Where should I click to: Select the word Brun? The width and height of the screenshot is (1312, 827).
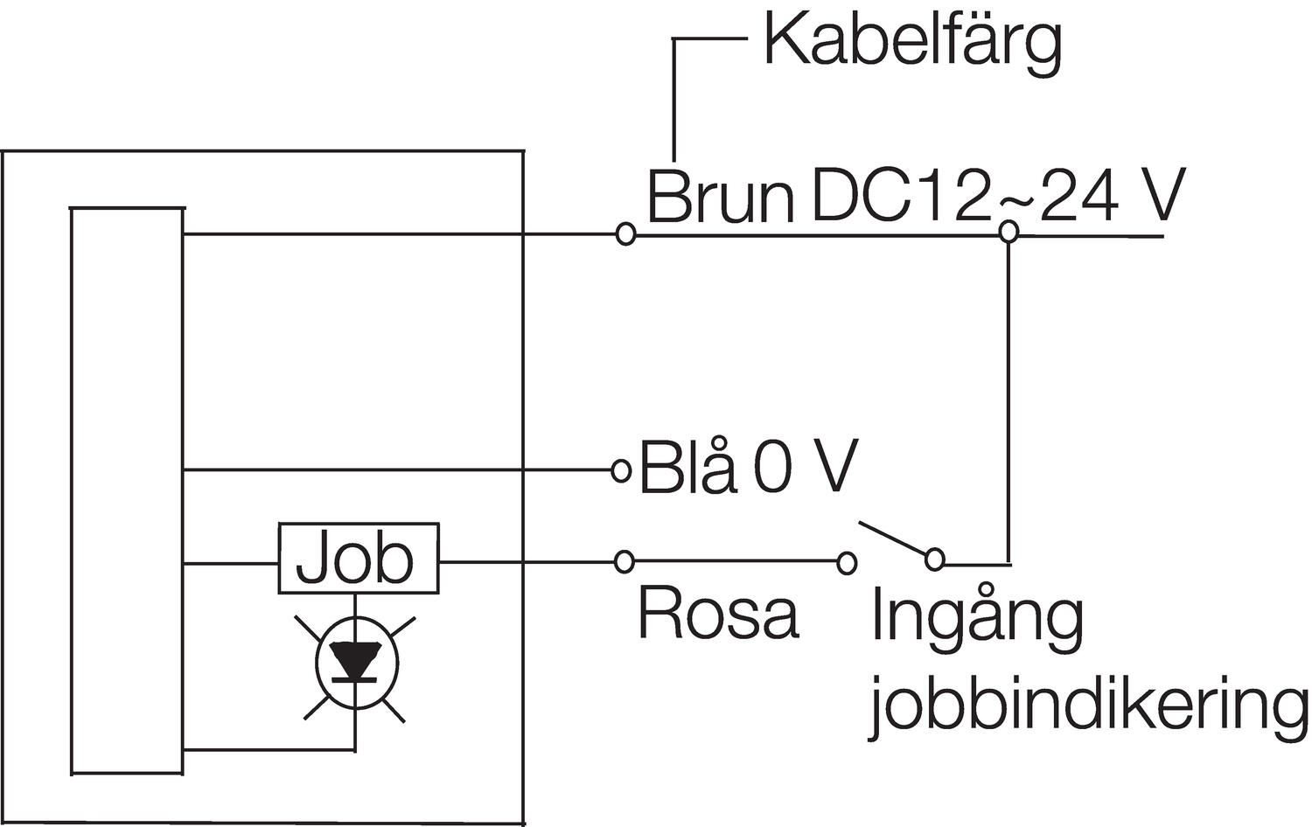click(719, 198)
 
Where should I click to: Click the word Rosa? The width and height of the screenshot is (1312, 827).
click(718, 613)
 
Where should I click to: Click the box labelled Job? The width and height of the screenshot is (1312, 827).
click(358, 559)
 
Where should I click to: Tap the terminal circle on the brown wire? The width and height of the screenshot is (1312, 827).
click(625, 233)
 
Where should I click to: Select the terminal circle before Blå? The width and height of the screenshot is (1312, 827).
click(621, 471)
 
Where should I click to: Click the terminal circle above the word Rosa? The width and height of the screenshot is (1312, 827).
click(624, 560)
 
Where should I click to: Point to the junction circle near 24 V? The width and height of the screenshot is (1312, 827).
click(1008, 232)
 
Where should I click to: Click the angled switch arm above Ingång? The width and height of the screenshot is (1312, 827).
click(894, 539)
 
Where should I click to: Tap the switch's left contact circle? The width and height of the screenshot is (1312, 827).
click(846, 562)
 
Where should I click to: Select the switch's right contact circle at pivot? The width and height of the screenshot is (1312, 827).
click(935, 559)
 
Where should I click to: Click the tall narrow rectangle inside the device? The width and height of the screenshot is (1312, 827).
click(128, 490)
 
